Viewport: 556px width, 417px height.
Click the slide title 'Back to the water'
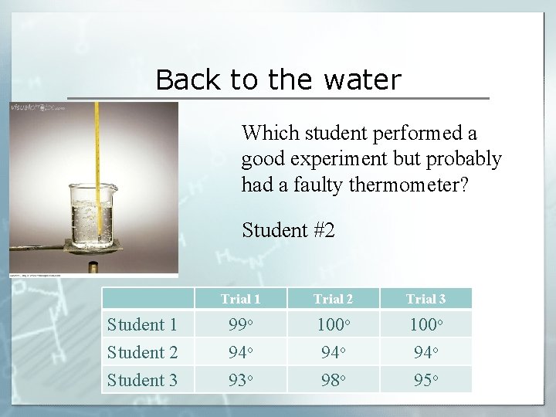coord(278,80)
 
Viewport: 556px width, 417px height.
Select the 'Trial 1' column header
coord(240,299)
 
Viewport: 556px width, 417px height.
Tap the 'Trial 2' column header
coord(333,299)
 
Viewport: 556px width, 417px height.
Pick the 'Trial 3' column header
coord(425,299)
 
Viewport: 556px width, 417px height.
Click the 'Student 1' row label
coord(142,324)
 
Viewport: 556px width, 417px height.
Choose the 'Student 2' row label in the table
coord(142,352)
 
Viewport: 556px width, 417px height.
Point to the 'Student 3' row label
coord(142,380)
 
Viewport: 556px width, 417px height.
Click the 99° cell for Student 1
coord(240,324)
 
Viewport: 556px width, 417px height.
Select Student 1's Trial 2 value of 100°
coord(333,324)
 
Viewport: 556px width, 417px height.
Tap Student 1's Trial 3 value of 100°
coord(425,324)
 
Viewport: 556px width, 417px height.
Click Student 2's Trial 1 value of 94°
coord(240,352)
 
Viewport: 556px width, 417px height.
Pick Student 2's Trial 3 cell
coord(425,352)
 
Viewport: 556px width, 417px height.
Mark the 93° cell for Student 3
coord(240,380)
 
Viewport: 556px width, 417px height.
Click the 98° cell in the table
coord(333,380)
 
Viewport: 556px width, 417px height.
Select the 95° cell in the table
coord(425,380)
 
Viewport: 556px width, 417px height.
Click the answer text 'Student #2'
coord(288,229)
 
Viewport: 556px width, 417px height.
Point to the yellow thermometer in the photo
coord(97,154)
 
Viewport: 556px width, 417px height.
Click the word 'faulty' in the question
coord(319,185)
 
